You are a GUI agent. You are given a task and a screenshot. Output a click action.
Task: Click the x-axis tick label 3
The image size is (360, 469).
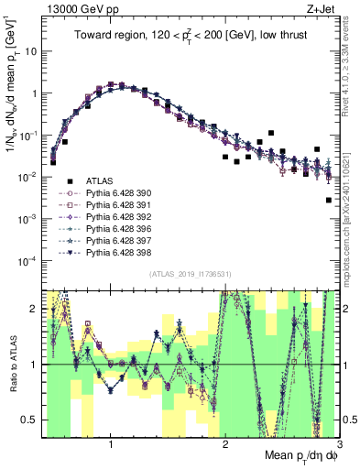338,444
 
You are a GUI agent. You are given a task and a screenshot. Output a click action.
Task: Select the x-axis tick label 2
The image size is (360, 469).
225,444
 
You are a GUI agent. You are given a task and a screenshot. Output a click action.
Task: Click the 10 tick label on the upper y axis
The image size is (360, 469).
30,51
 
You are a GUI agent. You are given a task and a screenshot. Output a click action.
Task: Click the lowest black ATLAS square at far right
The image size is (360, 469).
329,200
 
